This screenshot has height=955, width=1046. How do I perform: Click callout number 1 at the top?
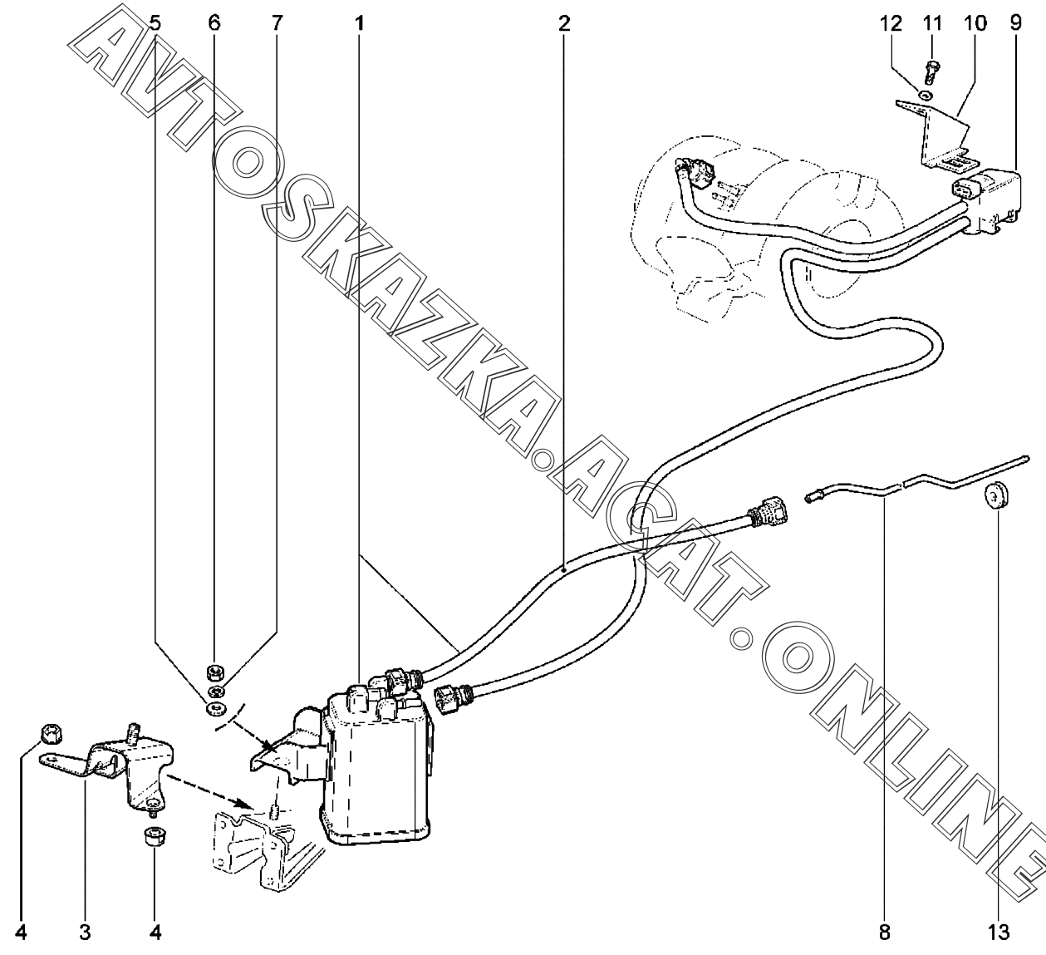click(x=359, y=22)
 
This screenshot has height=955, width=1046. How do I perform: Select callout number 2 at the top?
click(x=564, y=22)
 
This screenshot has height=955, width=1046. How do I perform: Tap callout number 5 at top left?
click(x=156, y=22)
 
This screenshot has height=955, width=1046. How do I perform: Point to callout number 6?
click(x=214, y=22)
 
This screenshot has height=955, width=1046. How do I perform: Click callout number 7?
click(x=276, y=22)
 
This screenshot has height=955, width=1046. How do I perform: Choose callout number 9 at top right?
click(x=1016, y=22)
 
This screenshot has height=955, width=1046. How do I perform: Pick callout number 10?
click(x=975, y=22)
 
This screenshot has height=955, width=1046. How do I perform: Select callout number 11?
click(x=931, y=22)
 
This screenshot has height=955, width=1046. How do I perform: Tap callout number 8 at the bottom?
click(x=884, y=933)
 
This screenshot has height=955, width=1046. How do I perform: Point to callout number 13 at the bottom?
click(x=999, y=933)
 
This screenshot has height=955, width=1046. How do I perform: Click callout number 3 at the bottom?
click(x=85, y=933)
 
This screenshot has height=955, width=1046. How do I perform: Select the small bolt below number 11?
click(x=931, y=75)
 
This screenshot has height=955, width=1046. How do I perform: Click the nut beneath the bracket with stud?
click(x=154, y=834)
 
